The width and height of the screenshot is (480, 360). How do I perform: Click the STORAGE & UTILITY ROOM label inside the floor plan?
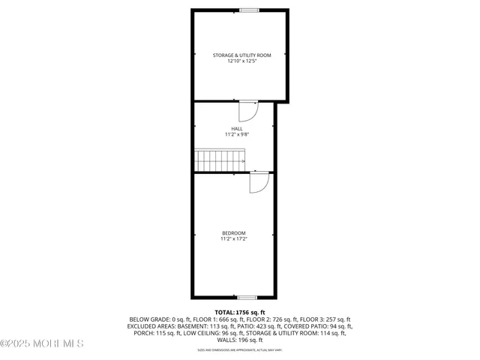click(241, 55)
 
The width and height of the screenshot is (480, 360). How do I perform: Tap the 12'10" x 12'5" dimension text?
click(241, 61)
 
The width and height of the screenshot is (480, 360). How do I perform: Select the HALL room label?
click(236, 129)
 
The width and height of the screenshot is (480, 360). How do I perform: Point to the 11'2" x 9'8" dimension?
click(236, 134)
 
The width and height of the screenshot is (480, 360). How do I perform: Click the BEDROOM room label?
click(233, 233)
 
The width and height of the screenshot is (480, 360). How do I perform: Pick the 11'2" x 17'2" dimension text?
click(233, 238)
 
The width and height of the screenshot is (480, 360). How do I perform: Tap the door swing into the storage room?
click(248, 111)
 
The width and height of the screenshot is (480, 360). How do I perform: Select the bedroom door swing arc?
click(259, 183)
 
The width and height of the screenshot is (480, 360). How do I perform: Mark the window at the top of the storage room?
click(249, 10)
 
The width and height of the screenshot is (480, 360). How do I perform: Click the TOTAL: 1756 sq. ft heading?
click(240, 312)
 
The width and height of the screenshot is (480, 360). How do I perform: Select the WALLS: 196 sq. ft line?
click(240, 340)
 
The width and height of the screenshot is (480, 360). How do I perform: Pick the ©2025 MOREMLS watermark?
click(41, 343)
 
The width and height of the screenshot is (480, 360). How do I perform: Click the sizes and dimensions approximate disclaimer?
click(240, 349)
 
